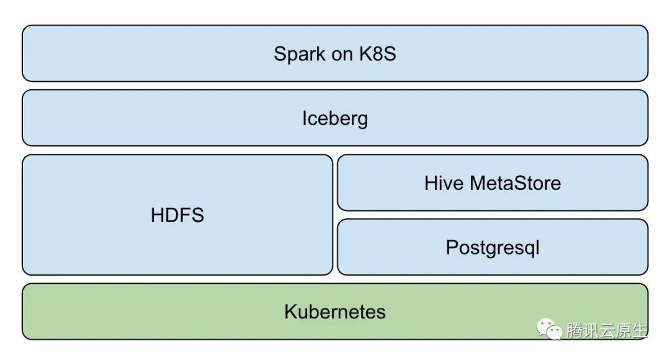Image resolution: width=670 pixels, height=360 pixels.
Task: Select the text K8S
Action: coord(377,54)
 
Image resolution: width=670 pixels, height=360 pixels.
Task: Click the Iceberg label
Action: coord(335,119)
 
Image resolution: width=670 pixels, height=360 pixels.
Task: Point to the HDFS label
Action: coord(177,215)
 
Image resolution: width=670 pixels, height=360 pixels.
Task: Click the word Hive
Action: coord(444,183)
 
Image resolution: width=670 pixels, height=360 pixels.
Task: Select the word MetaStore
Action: coord(516,183)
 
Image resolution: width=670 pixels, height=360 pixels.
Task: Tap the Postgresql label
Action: coord(493,248)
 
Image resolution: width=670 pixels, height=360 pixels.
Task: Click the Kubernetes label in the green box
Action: coord(335,312)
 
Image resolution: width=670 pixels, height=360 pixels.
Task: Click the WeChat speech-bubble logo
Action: coord(550,329)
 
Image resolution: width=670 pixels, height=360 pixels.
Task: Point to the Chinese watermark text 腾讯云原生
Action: coord(607,330)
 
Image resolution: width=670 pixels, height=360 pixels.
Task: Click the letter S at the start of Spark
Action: coord(280,54)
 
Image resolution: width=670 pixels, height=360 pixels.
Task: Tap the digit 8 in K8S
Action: coord(378,54)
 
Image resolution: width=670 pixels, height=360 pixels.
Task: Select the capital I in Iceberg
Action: coord(304,118)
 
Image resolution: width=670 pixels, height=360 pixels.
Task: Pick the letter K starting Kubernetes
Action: coord(290,312)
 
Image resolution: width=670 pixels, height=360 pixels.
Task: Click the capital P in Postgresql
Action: coord(452,247)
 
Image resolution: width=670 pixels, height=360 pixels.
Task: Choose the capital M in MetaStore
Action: coord(478,183)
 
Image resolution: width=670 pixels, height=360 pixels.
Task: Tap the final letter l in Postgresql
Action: coord(538,246)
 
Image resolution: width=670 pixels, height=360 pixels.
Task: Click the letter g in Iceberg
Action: coord(362,121)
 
